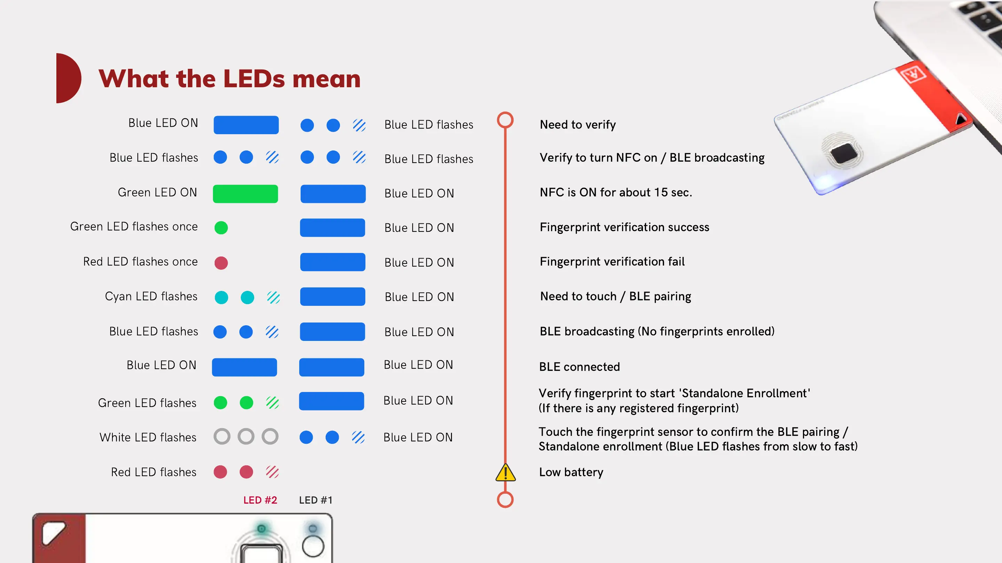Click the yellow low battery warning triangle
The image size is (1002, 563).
[x=505, y=473]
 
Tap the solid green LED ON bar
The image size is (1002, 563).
[x=245, y=194]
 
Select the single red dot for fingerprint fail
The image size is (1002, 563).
[x=221, y=263]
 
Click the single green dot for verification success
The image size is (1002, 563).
[x=221, y=227]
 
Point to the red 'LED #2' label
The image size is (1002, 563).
[x=260, y=500]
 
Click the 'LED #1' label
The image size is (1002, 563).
[x=316, y=500]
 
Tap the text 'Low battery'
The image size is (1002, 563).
[x=571, y=472]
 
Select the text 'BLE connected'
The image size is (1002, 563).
[x=579, y=366]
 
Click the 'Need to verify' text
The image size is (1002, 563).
[x=578, y=124]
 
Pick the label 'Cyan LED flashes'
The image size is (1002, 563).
[x=151, y=296]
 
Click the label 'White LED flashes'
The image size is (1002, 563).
[x=148, y=437]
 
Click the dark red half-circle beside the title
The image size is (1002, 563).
[x=67, y=78]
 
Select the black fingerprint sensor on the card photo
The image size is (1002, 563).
[x=843, y=153]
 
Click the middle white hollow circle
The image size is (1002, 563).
[x=246, y=436]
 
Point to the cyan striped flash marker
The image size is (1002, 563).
[x=273, y=297]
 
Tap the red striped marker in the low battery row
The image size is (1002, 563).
[x=272, y=472]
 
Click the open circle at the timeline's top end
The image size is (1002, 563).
[x=505, y=120]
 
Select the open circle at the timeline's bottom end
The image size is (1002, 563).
[x=505, y=500]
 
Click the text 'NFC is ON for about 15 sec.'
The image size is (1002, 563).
[x=616, y=192]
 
